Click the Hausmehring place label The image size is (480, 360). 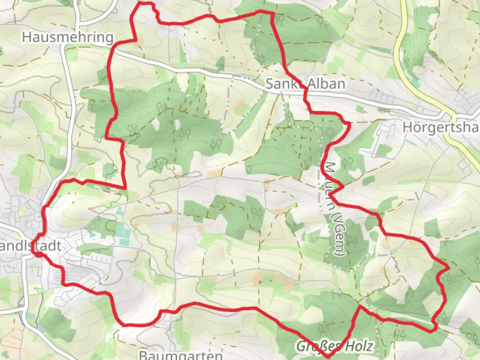68,37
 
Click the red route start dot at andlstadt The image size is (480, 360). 39,254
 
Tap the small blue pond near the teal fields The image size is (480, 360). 92,235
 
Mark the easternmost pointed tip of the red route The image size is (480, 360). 449,267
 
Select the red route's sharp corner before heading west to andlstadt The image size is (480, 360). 125,188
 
